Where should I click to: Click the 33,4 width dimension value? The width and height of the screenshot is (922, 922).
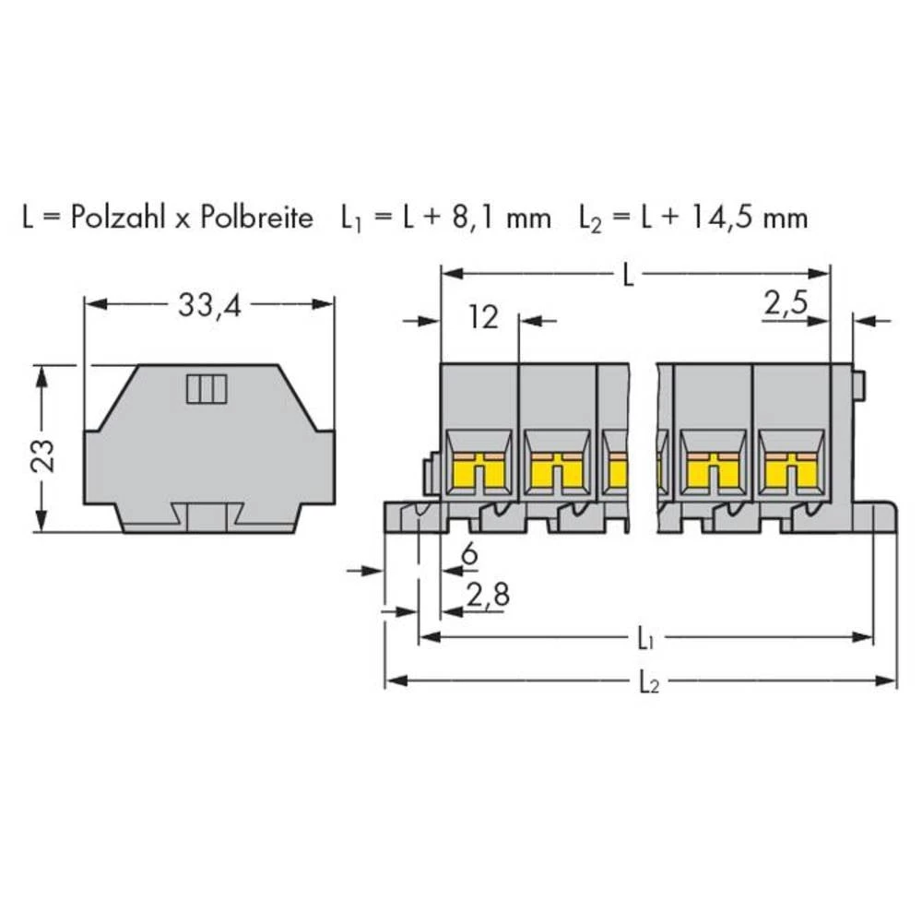point(208,308)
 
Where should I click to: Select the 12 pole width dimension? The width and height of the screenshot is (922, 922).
point(482,319)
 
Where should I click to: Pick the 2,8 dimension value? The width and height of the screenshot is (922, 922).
point(487,597)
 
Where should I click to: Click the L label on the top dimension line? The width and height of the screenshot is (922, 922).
point(629,276)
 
